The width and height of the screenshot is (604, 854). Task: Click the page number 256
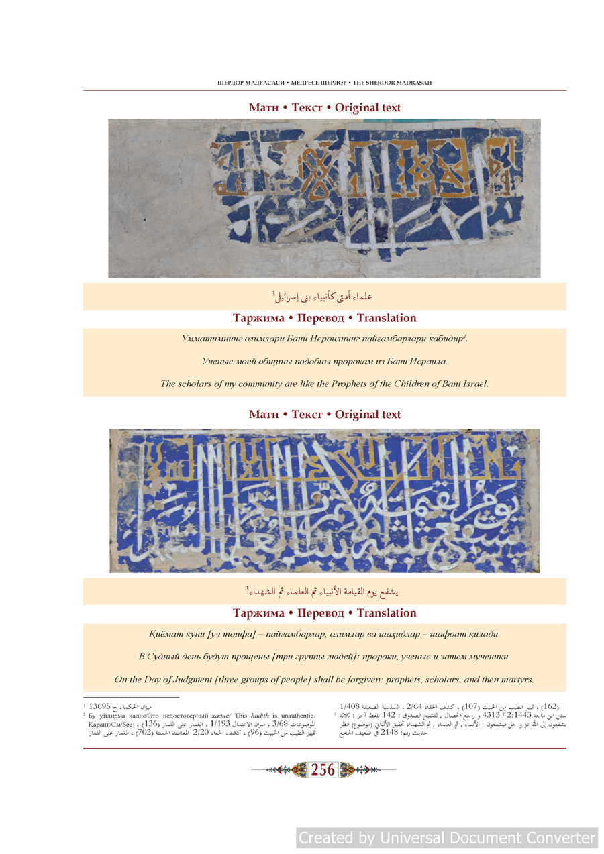[323, 770]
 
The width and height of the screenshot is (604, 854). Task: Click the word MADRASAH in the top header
[411, 83]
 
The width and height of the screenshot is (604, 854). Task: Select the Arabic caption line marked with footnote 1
[323, 296]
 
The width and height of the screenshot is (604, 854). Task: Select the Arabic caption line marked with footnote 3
[323, 592]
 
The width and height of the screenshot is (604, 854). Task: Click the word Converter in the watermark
[555, 837]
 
